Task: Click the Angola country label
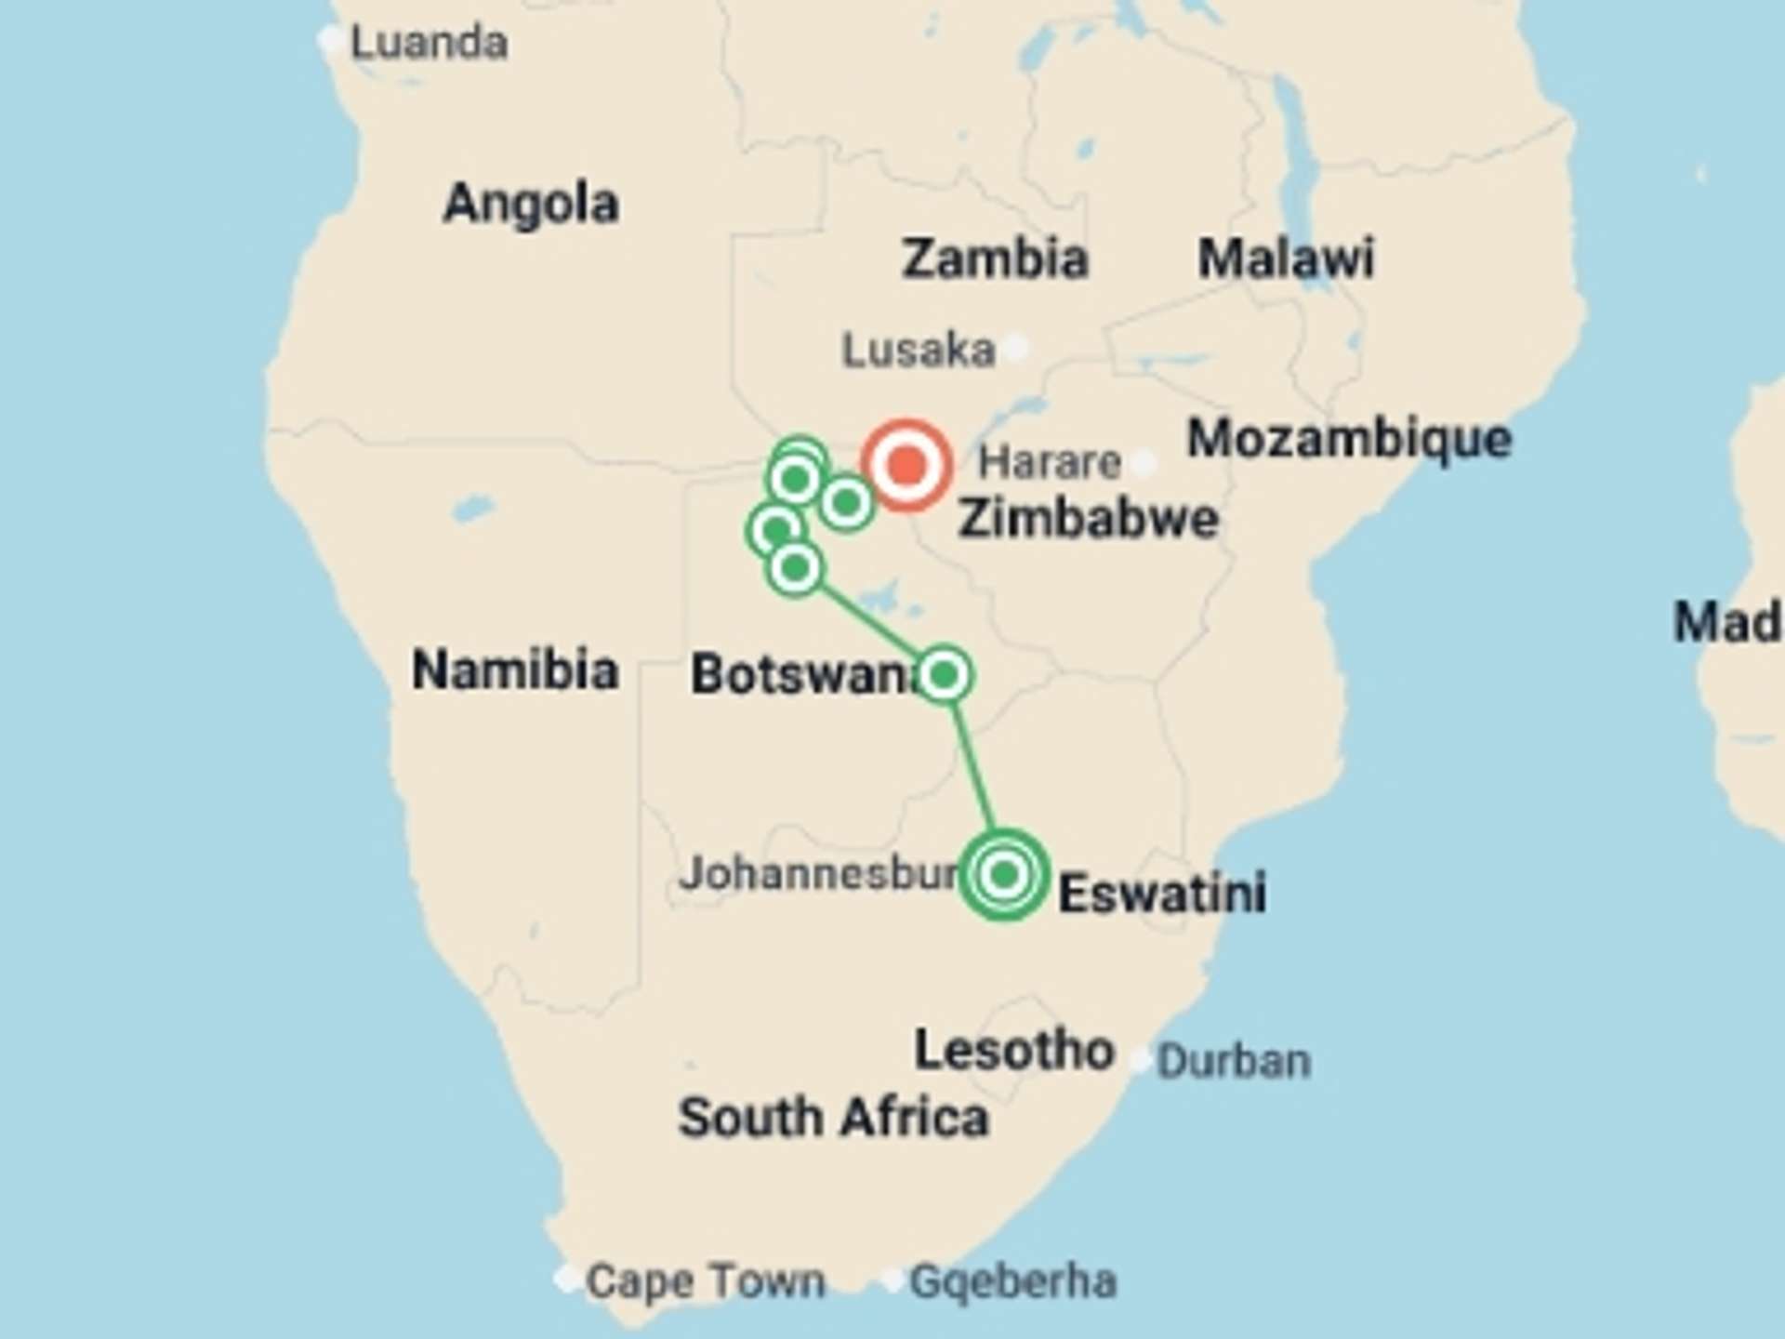pos(531,203)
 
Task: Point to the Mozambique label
pos(1349,438)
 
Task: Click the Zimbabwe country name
pos(1088,518)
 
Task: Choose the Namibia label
pos(515,669)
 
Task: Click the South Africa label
pos(833,1117)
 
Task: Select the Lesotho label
pos(1013,1050)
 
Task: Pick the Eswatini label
pos(1162,894)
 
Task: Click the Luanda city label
pos(429,43)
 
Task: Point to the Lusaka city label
pos(919,351)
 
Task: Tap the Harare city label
pos(1050,462)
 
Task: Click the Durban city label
pos(1234,1061)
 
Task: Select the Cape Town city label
pos(705,1281)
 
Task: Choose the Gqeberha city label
pos(1012,1281)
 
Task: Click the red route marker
pos(906,464)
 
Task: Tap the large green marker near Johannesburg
pos(1004,874)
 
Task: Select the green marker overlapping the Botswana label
pos(944,674)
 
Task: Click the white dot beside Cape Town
pos(566,1279)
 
